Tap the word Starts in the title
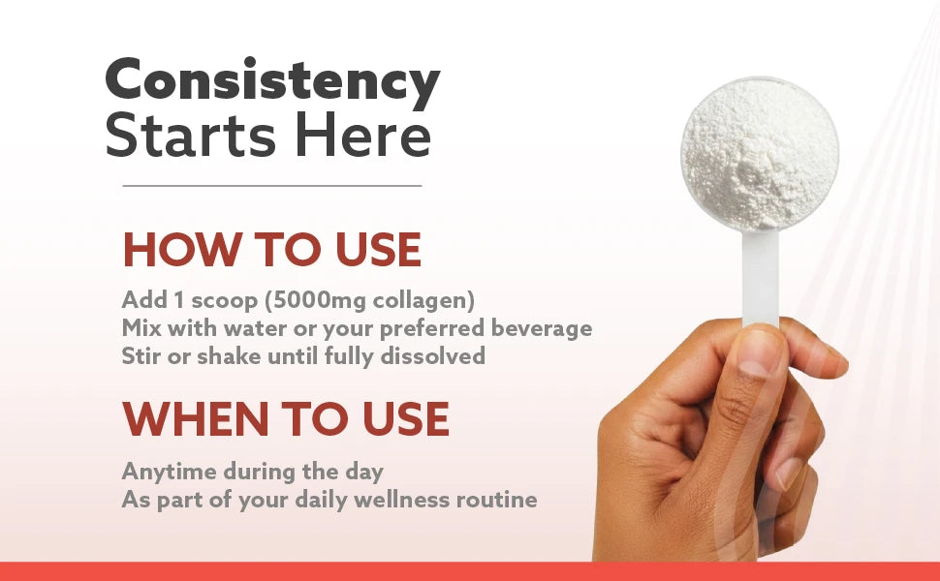click(191, 136)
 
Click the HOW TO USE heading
click(272, 249)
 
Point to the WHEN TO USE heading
click(286, 418)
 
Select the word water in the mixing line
click(250, 328)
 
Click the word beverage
click(542, 328)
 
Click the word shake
click(229, 355)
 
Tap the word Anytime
click(169, 472)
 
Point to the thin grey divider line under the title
click(272, 186)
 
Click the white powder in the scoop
click(760, 154)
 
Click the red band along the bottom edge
click(470, 571)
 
